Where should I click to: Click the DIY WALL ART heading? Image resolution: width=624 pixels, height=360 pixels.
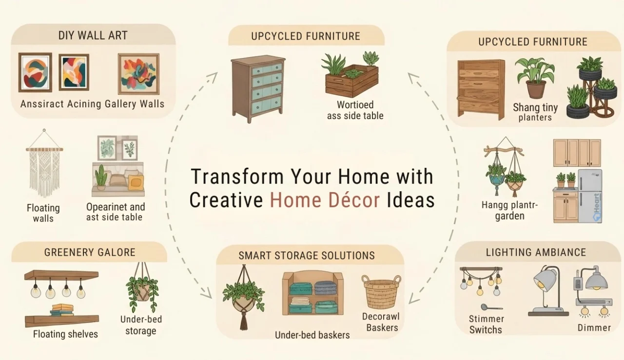93,36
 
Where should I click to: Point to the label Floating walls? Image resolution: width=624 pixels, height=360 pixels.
43,213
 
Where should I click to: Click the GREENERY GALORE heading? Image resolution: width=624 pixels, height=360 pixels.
90,252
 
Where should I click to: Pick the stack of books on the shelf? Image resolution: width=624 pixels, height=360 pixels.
62,310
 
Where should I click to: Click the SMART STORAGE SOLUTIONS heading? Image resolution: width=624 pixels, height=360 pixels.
307,256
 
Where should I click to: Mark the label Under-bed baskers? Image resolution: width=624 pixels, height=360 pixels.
312,335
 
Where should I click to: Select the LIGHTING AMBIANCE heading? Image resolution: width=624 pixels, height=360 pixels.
536,252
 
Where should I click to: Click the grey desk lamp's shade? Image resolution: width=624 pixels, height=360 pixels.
545,280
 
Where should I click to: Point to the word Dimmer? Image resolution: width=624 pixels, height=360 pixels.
594,328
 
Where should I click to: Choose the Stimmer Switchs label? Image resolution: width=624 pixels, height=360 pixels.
486,324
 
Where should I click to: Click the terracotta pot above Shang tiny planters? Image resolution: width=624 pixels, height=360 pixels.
535,89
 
